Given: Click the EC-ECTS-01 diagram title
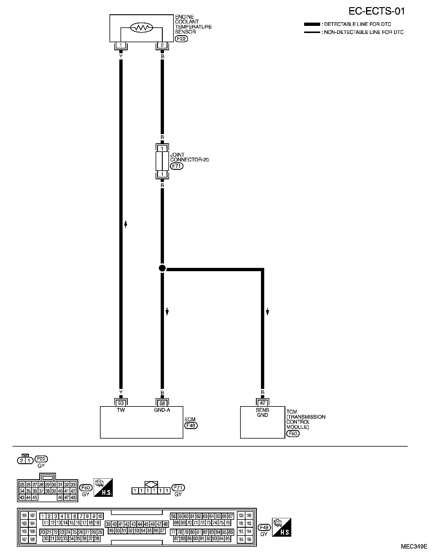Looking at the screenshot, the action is (x=377, y=11).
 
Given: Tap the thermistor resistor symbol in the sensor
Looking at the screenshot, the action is (x=142, y=28).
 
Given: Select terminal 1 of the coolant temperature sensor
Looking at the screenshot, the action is (x=121, y=45).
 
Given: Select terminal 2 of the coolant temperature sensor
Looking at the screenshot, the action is (x=162, y=45).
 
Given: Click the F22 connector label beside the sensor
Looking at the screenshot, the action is (x=182, y=39).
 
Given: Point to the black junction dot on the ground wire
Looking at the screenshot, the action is (x=162, y=268).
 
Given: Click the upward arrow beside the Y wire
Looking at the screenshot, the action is (x=126, y=224).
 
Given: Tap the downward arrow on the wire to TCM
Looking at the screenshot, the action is (x=268, y=312).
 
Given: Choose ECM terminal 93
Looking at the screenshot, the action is (x=121, y=403).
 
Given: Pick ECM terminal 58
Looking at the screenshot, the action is (x=162, y=403).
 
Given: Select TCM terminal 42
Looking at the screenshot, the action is (x=262, y=403).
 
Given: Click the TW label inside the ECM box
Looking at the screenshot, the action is (x=121, y=410).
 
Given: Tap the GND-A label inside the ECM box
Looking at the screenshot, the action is (x=162, y=410).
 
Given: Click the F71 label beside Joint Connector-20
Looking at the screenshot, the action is (x=176, y=166).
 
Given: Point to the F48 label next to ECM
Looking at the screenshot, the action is (x=191, y=425).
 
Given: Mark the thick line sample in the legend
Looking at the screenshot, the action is (x=312, y=24).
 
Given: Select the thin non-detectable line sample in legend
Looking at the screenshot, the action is (x=312, y=32).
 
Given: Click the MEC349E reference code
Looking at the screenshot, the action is (x=414, y=546).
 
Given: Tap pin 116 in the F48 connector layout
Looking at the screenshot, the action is (x=249, y=539).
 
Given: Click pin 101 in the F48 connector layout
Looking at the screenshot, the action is (x=24, y=516).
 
